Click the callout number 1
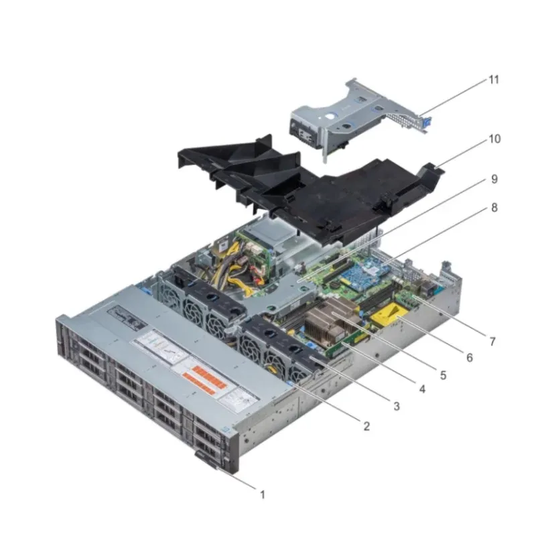(263, 495)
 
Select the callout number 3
(397, 406)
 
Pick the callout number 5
(444, 373)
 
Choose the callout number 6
(469, 358)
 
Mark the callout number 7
(492, 341)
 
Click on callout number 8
(494, 208)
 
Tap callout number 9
(494, 179)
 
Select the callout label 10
(494, 139)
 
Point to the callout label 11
(494, 80)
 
